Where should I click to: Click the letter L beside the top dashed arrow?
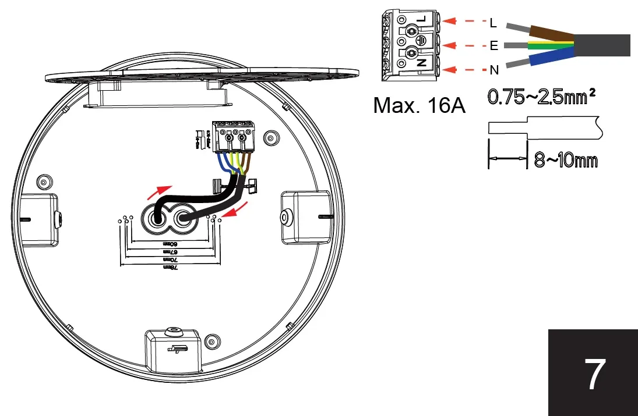[x=494, y=23]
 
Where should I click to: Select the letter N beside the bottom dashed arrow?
[x=494, y=70]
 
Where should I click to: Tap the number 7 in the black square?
[x=594, y=375]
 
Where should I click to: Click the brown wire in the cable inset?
[x=548, y=34]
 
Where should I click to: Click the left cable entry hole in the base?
[x=157, y=218]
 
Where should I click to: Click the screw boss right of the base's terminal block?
[x=270, y=138]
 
